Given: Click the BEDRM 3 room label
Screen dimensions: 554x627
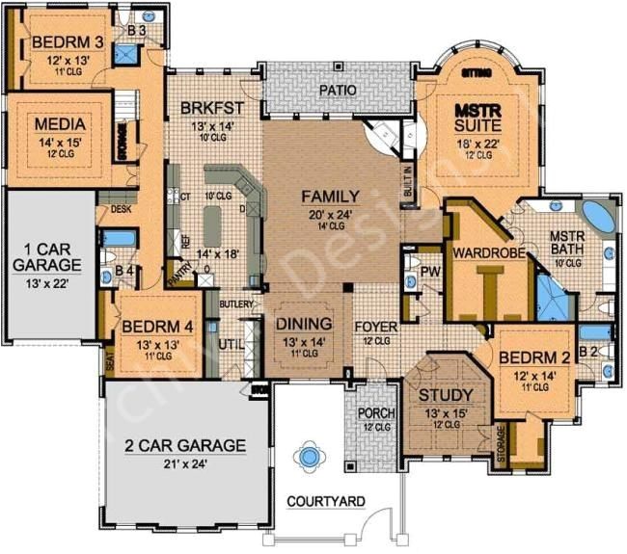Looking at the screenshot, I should pyautogui.click(x=67, y=42).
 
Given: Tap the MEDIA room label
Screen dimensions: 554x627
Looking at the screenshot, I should pyautogui.click(x=60, y=125).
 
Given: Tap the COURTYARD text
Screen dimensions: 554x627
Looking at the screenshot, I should pyautogui.click(x=326, y=501).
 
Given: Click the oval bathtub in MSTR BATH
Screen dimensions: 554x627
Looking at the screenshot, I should pyautogui.click(x=600, y=218).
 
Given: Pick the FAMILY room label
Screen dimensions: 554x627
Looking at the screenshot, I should pyautogui.click(x=330, y=196).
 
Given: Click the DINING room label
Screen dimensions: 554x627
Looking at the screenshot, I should pyautogui.click(x=304, y=324).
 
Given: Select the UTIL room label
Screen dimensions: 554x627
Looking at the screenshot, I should pyautogui.click(x=228, y=343).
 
